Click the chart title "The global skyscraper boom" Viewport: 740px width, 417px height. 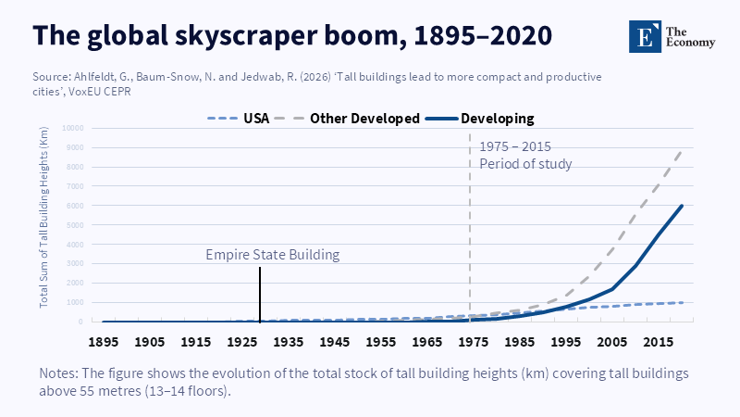(x=292, y=34)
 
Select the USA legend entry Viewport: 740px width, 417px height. (x=255, y=119)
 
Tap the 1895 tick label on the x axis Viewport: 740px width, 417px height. (x=105, y=342)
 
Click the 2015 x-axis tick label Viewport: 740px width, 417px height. (x=658, y=342)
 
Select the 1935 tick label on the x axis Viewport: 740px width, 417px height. (x=289, y=342)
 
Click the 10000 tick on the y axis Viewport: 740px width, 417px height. (x=74, y=128)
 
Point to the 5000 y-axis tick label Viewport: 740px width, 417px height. (x=76, y=225)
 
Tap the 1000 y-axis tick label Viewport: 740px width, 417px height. (x=76, y=302)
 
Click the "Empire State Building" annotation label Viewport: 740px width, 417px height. (x=273, y=254)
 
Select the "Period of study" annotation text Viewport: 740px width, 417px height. (x=525, y=164)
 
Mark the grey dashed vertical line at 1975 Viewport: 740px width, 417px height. (x=470, y=232)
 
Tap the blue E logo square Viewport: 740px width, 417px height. (x=645, y=34)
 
